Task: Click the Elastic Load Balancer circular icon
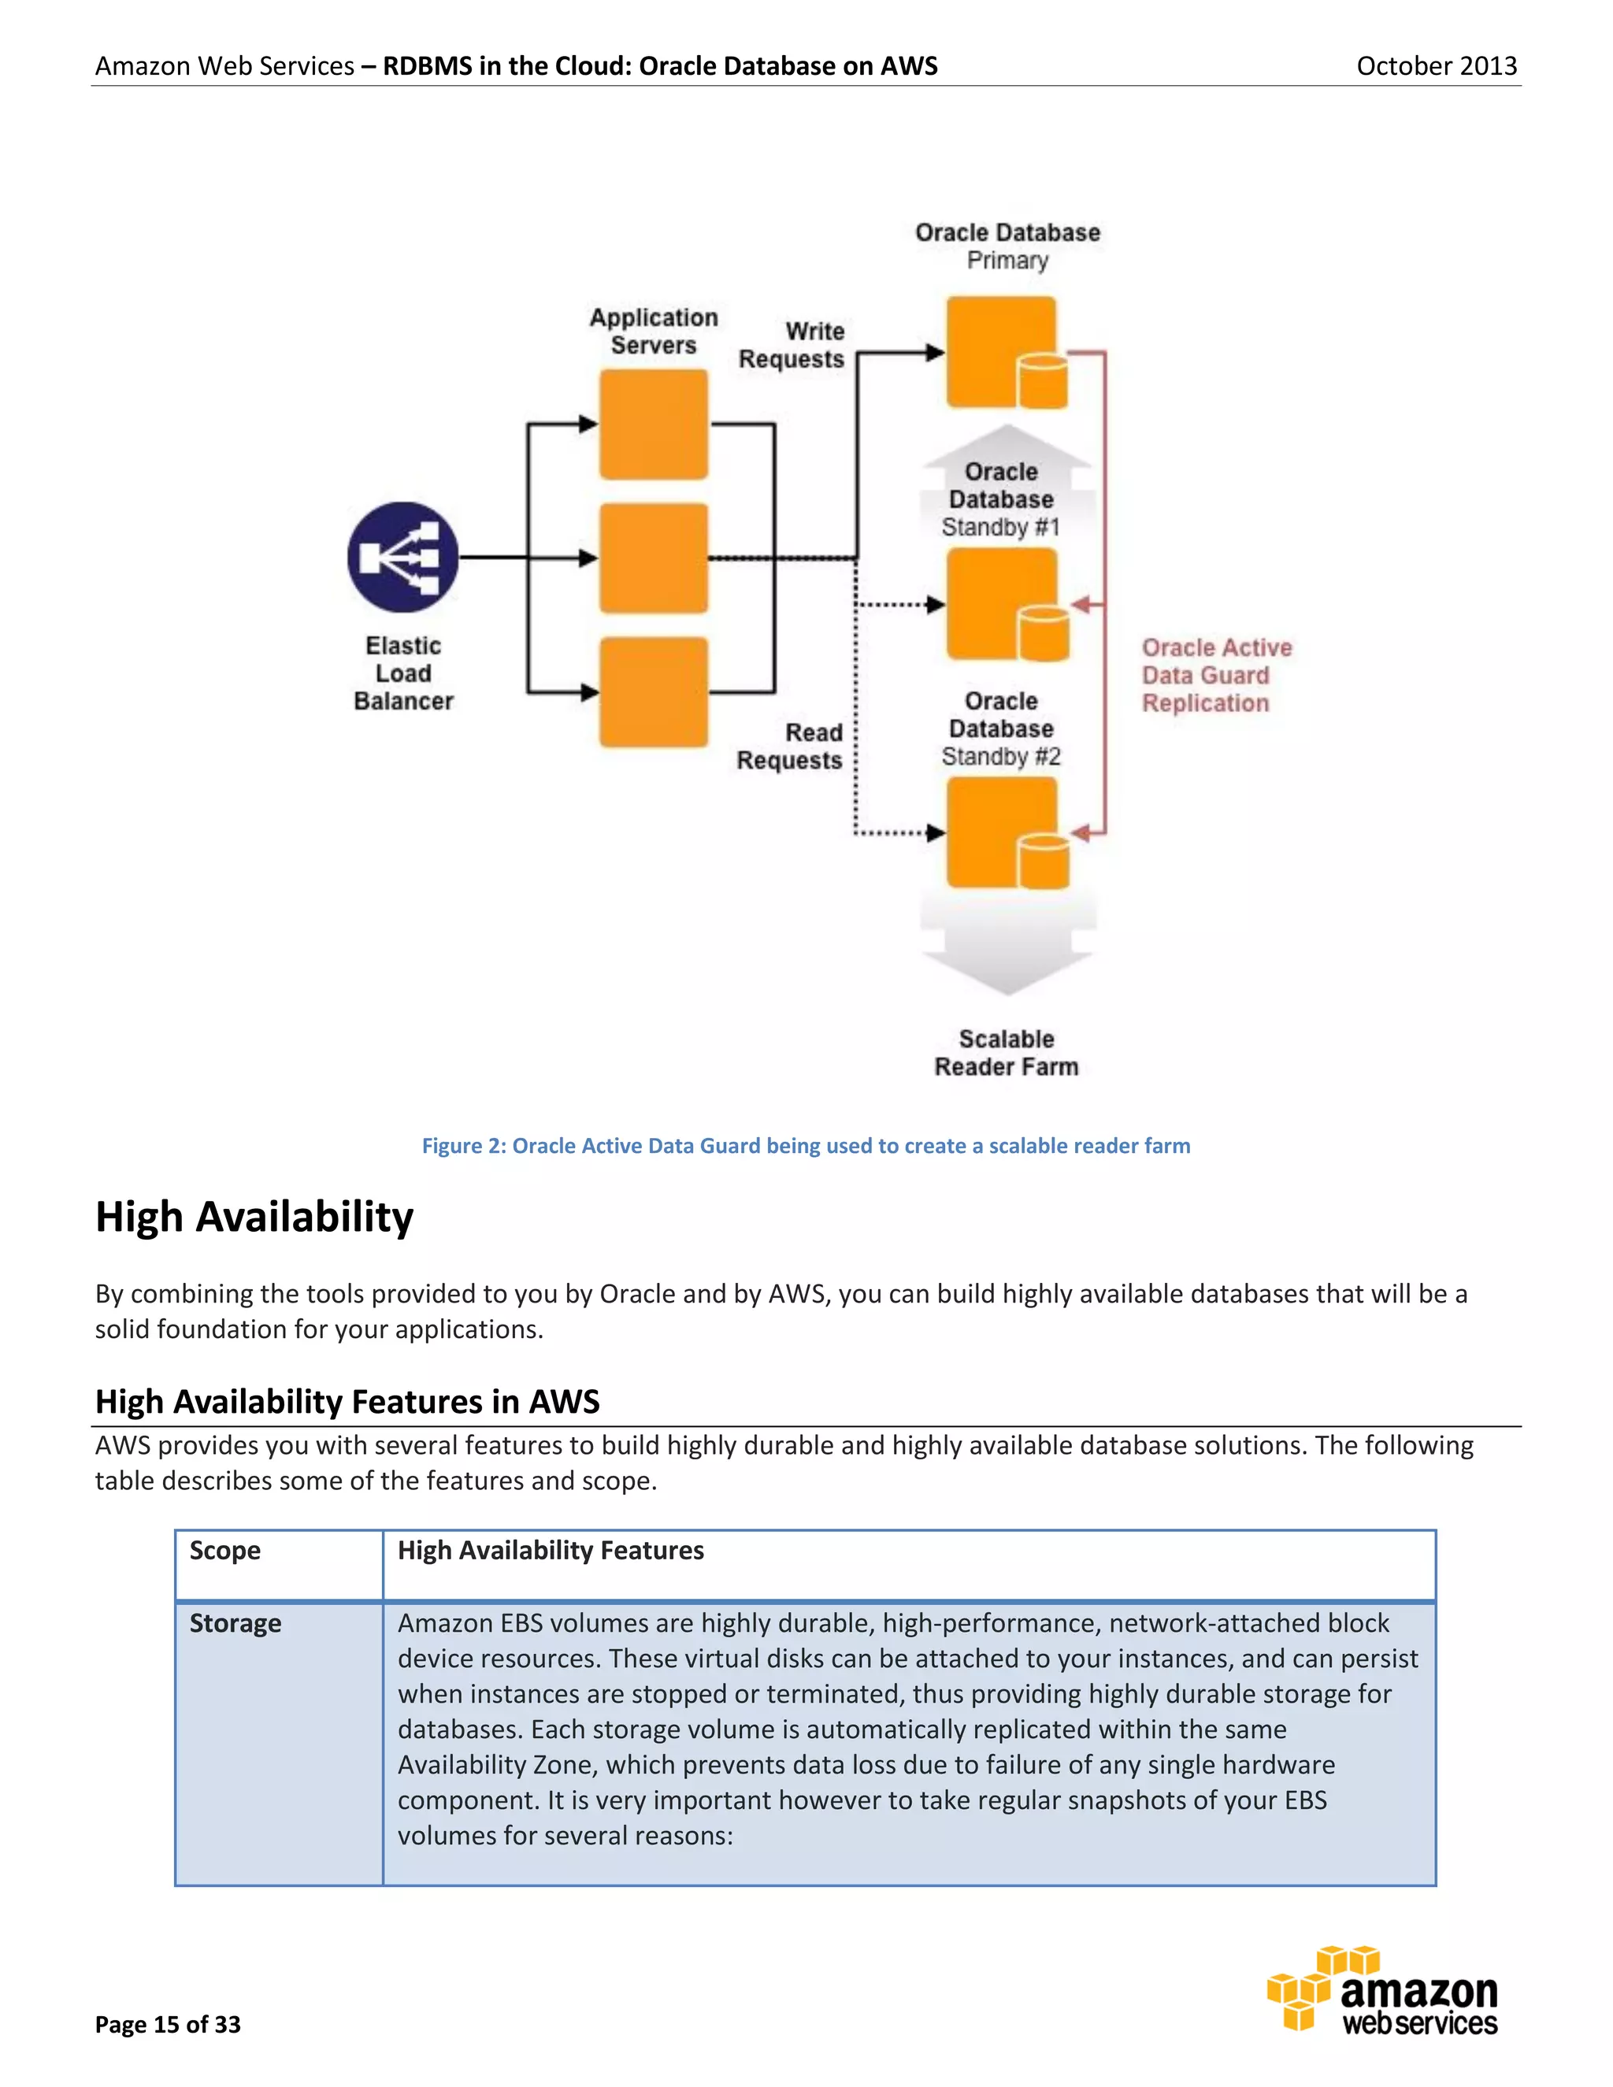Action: coord(402,557)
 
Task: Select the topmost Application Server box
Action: coord(654,424)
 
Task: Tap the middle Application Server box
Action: coord(654,558)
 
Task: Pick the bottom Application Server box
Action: coord(654,691)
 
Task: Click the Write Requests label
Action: coord(792,345)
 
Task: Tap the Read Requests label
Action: coord(790,747)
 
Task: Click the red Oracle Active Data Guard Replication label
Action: coord(1215,675)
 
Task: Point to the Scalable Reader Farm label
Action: coord(1007,1052)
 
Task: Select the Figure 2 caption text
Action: coord(806,1146)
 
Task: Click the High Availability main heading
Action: coord(254,1217)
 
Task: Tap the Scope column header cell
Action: coord(225,1550)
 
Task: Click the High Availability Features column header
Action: coord(551,1550)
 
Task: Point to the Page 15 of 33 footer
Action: coord(169,2024)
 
